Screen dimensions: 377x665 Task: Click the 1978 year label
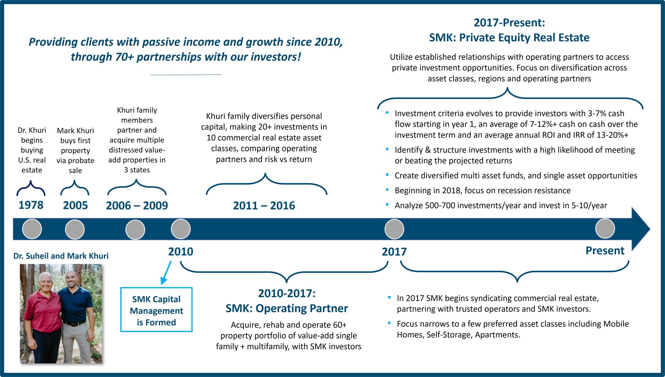tap(31, 205)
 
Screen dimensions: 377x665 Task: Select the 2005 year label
tap(75, 206)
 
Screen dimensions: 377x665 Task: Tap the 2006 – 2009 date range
tap(137, 206)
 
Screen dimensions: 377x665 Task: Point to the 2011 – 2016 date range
tap(264, 206)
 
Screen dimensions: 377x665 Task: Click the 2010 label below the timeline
tap(181, 252)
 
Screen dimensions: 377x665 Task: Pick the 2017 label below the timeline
tap(394, 252)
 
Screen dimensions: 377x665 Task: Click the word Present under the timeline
tap(605, 251)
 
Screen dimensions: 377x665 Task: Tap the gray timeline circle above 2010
tap(181, 229)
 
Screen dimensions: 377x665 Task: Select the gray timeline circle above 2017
tap(394, 229)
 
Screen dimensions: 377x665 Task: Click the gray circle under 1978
tap(32, 229)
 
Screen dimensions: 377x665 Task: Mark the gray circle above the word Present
tap(605, 229)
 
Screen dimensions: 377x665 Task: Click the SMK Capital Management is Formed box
tap(156, 310)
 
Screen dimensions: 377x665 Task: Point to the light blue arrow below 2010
tap(166, 273)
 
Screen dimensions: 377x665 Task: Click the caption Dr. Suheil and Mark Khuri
tap(61, 256)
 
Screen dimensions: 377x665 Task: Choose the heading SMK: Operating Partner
tap(287, 309)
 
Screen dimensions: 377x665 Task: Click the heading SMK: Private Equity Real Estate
tap(509, 38)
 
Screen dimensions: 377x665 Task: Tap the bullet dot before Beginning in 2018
tap(387, 190)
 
